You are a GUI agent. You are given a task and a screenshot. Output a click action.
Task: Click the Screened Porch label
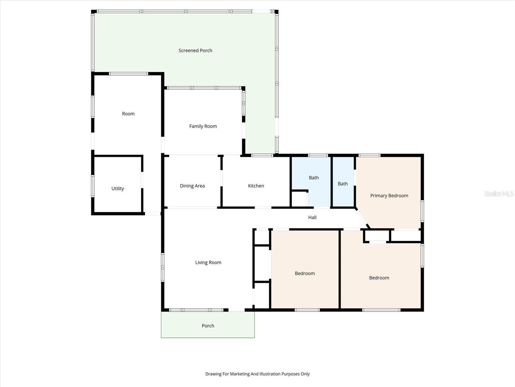195,50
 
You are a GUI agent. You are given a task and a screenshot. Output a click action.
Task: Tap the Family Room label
203,126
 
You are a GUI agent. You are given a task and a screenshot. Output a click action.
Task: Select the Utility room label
117,188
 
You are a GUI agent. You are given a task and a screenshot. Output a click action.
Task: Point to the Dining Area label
192,186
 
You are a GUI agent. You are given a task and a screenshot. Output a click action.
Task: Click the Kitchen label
256,186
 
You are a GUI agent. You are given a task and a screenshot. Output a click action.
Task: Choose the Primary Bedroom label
389,195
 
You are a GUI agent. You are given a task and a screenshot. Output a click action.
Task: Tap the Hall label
312,217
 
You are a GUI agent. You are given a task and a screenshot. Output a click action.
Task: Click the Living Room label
208,263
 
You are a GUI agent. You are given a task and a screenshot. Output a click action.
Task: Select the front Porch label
208,326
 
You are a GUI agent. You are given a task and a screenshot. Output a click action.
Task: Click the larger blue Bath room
314,178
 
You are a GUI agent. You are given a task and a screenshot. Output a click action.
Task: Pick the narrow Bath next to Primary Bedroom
342,184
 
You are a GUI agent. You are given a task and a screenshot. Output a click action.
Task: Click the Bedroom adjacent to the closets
304,273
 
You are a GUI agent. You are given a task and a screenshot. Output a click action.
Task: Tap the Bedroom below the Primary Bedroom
379,278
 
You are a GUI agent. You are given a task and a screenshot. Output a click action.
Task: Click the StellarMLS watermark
499,193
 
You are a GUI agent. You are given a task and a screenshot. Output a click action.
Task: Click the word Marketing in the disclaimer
237,374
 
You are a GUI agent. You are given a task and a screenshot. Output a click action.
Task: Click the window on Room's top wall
128,74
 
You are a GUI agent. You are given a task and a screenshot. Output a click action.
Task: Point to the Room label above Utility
128,114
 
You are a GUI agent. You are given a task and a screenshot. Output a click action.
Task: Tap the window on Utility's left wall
93,186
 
